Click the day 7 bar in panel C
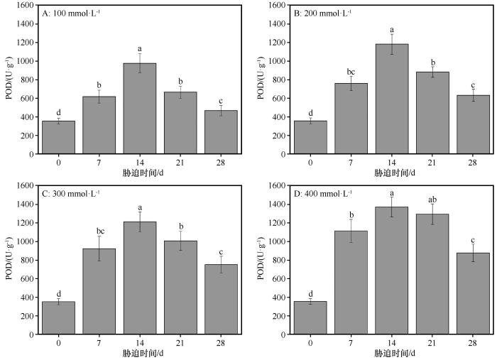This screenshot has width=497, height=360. (99, 291)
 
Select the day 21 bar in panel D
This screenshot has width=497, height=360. (432, 274)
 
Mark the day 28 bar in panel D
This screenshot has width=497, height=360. (473, 293)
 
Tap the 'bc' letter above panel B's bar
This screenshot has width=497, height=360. (351, 72)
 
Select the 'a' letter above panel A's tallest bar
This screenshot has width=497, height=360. (139, 48)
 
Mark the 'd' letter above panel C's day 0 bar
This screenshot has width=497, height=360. (58, 293)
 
